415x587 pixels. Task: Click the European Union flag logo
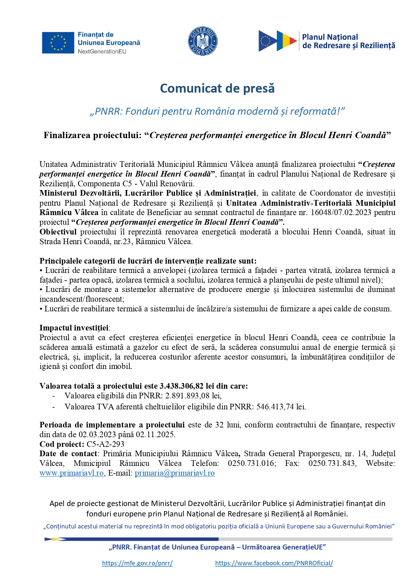pos(58,43)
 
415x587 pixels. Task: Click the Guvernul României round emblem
pos(202,41)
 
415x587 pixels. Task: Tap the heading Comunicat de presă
pos(217,88)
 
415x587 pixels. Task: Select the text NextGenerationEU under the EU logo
pos(102,52)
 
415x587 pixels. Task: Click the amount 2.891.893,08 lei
pos(193,396)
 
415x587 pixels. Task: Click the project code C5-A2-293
pos(105,444)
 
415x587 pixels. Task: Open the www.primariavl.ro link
pos(72,473)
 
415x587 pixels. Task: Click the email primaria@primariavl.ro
pos(175,473)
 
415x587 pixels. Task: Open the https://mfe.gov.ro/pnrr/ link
pos(137,563)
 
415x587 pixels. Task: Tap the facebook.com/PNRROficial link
pos(274,563)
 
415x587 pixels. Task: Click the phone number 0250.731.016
pos(252,464)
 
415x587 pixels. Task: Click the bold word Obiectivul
pos(58,232)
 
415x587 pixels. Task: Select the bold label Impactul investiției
pos(74,328)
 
